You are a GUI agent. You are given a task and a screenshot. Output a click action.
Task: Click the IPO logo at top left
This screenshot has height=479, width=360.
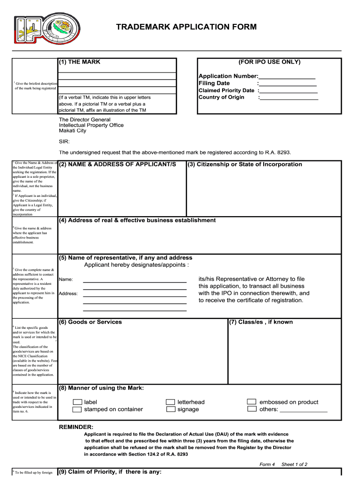47,31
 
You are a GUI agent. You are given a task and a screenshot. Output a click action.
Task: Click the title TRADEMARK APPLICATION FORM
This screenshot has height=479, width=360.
187,27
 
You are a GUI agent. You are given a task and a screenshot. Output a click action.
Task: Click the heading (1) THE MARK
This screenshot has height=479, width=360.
79,62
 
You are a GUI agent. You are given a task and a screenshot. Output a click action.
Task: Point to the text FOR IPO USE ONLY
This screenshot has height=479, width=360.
269,62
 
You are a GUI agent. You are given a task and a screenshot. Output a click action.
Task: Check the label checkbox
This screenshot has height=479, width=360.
77,402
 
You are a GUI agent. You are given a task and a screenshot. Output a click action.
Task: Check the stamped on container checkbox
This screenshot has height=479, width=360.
77,409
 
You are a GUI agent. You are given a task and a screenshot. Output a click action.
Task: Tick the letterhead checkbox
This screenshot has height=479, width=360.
171,402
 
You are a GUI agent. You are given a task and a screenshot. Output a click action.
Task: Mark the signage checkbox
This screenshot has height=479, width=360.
171,409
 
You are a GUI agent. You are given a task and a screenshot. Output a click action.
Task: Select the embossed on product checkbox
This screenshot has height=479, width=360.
252,402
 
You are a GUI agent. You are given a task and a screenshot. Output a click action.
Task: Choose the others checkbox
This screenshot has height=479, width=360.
252,409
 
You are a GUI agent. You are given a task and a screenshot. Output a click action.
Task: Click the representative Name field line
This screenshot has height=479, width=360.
135,282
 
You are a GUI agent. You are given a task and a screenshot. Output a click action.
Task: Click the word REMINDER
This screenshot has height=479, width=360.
76,427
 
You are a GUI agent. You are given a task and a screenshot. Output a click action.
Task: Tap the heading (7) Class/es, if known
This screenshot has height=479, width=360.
261,322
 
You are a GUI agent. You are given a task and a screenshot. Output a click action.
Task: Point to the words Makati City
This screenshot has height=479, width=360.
72,131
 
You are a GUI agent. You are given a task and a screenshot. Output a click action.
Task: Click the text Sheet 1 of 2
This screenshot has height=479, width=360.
294,464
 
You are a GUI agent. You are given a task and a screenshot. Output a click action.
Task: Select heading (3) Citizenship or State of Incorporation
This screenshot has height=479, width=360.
245,164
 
